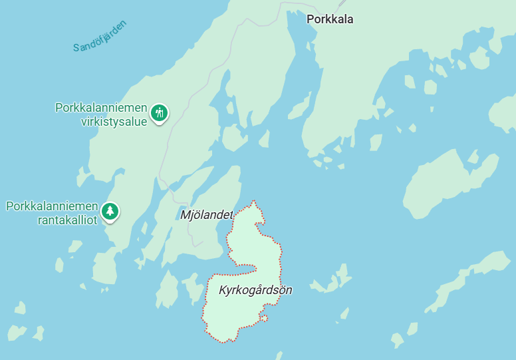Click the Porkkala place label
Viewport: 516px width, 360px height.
[x=330, y=19]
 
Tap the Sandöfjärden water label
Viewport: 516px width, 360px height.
[x=100, y=37]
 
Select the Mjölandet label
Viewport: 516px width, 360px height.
[x=207, y=215]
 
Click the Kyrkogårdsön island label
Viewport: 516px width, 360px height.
[x=255, y=290]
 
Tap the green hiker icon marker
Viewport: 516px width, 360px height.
[x=158, y=112]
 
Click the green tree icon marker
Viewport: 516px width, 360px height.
[x=110, y=212]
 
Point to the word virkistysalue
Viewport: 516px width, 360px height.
[x=114, y=122]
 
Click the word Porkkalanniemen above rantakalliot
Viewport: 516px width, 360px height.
[x=52, y=206]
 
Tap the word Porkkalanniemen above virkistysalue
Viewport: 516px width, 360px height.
[x=101, y=107]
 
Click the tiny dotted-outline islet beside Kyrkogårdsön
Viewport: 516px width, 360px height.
[x=264, y=319]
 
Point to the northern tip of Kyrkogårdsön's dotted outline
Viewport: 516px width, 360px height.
[x=253, y=201]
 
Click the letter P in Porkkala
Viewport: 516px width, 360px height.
[x=310, y=19]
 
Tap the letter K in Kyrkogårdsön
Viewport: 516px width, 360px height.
[x=222, y=290]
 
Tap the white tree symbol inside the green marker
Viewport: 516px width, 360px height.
[x=110, y=211]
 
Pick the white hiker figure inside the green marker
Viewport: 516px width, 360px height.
[x=158, y=112]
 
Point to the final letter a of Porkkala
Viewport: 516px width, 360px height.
[x=350, y=19]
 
